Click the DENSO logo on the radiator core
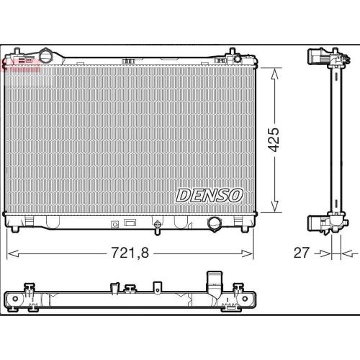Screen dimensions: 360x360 [x=209, y=195]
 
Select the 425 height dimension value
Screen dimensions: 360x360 [x=274, y=140]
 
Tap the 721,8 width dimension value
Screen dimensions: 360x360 [x=130, y=253]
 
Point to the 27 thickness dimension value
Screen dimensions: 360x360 [x=302, y=253]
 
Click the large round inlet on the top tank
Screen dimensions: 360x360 [x=46, y=56]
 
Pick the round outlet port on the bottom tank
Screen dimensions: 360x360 [x=215, y=224]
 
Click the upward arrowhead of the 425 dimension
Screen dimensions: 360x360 [x=274, y=73]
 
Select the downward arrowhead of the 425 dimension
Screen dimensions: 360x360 [x=274, y=207]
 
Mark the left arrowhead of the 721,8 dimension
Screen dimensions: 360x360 [x=13, y=253]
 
